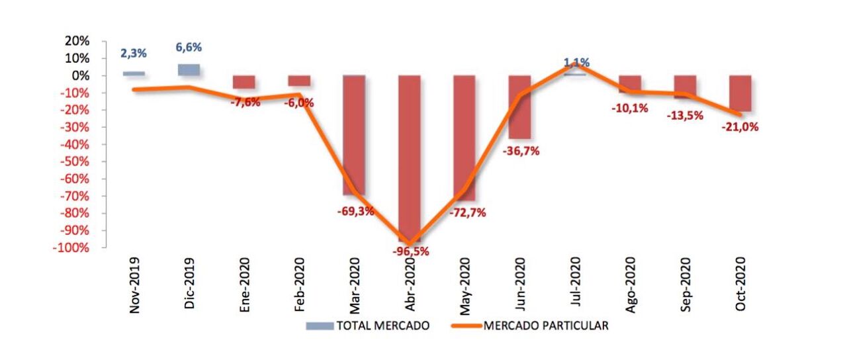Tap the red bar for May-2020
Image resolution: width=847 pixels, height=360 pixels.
point(464,132)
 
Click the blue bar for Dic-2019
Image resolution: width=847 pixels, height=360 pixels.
point(188,69)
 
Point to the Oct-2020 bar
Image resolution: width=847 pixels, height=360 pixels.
point(740,93)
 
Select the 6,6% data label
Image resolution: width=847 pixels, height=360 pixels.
point(189,48)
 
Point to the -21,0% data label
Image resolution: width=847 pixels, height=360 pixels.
point(740,127)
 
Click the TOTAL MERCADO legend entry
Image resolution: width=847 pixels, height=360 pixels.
point(367,326)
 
